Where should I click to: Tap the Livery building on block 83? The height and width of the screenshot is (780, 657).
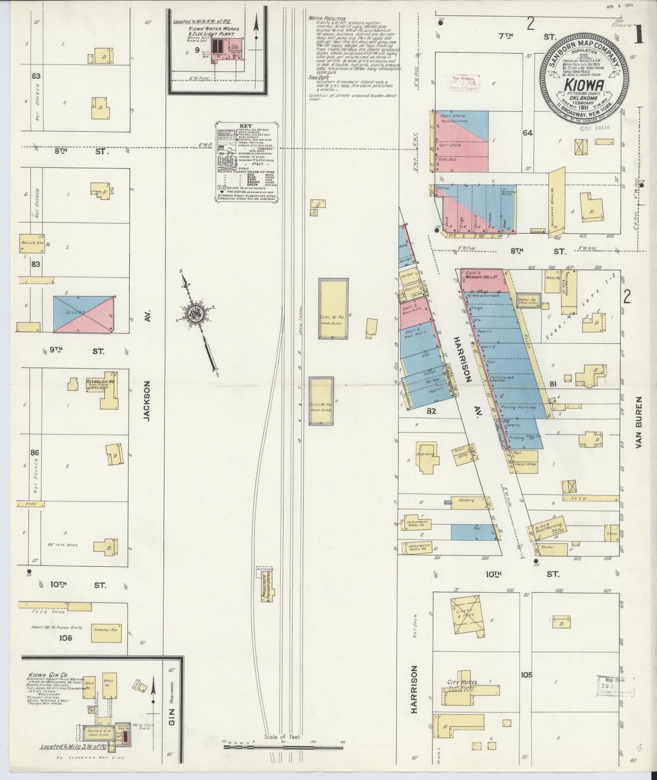[83, 313]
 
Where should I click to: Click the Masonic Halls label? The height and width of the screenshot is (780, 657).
[484, 276]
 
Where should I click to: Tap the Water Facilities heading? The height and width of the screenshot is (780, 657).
[327, 19]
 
